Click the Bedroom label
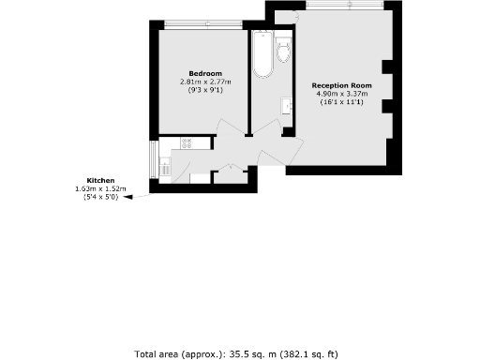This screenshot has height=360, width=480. tap(205, 74)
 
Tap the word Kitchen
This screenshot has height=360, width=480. tap(101, 179)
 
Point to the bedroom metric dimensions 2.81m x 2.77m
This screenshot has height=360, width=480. tap(205, 82)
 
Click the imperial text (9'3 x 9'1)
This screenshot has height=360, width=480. tap(205, 89)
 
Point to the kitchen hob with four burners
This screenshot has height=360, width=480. tap(186, 142)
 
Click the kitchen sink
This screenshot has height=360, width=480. tap(166, 170)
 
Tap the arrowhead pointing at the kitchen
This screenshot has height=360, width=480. tap(130, 197)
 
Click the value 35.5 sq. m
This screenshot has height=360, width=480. tap(246, 353)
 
